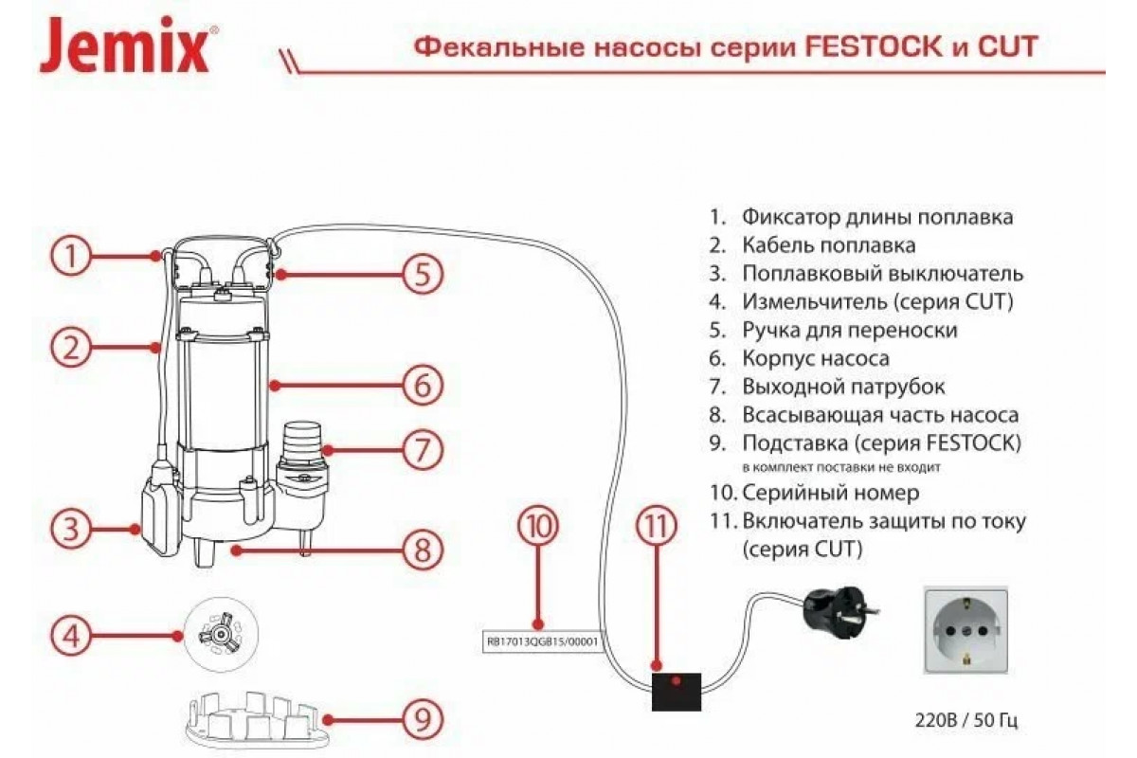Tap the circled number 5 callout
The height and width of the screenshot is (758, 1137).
423,275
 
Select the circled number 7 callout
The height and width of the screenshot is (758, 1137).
423,448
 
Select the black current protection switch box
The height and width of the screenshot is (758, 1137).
677,691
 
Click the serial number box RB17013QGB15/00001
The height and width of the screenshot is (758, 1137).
544,640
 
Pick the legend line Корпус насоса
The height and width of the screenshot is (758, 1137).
815,359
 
